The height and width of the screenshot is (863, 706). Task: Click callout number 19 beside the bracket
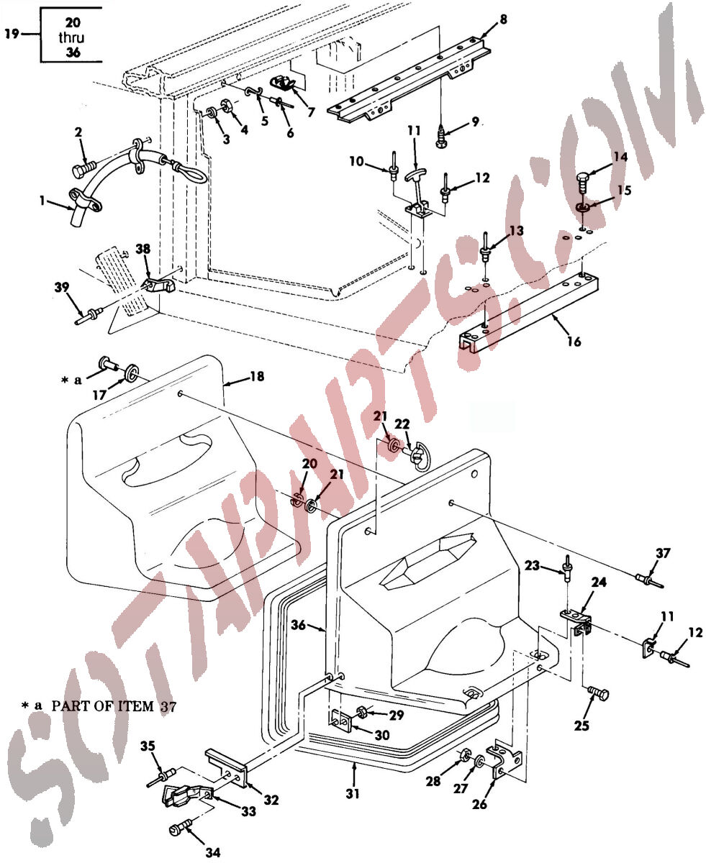point(12,33)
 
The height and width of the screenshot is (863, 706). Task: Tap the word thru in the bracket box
point(71,37)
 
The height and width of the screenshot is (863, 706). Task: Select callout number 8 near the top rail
point(503,19)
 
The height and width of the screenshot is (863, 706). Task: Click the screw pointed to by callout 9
point(440,136)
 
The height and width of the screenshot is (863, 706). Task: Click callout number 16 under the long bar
point(574,342)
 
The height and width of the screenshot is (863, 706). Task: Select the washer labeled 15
point(582,206)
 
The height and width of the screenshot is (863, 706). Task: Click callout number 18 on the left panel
point(257,376)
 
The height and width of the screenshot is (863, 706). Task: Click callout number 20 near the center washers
point(309,464)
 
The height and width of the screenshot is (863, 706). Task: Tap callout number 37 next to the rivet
point(663,553)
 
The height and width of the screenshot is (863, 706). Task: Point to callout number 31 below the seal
point(353,793)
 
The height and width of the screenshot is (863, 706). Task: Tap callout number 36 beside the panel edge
point(299,625)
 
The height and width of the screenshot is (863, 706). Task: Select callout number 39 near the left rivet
point(62,287)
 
